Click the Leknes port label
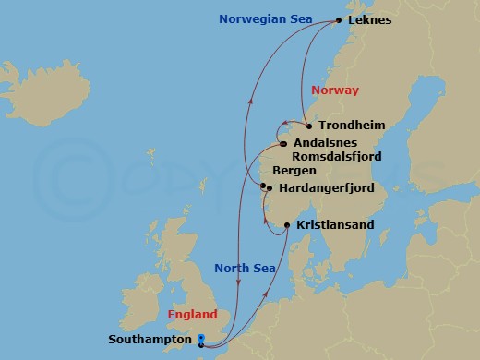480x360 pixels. click(374, 20)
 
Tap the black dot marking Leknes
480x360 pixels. click(339, 20)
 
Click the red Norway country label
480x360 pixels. click(334, 90)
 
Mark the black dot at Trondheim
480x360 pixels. click(307, 126)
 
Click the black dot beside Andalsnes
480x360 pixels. click(282, 143)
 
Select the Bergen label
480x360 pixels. click(295, 172)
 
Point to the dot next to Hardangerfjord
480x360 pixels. click(269, 188)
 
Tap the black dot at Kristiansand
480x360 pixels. click(287, 225)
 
